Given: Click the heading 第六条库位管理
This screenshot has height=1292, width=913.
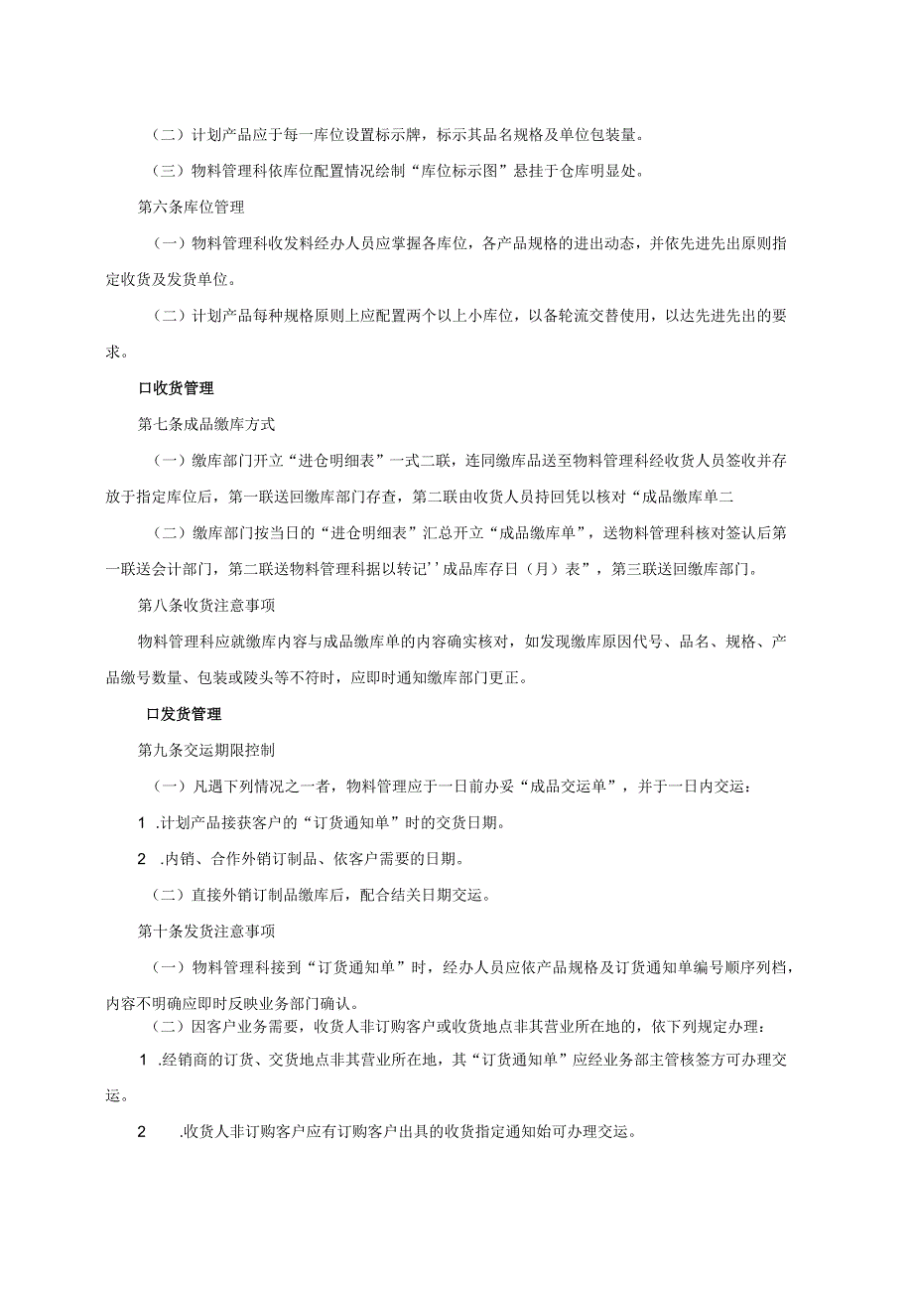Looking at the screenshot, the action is (x=191, y=208).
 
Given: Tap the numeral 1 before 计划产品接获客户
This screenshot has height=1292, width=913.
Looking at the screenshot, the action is (x=141, y=823).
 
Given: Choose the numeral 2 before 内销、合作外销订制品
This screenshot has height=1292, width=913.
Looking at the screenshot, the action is (x=141, y=858).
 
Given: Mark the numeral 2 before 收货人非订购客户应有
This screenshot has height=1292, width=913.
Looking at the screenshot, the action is (x=142, y=1132).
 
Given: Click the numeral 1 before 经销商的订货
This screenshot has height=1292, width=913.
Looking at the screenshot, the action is (x=142, y=1061).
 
